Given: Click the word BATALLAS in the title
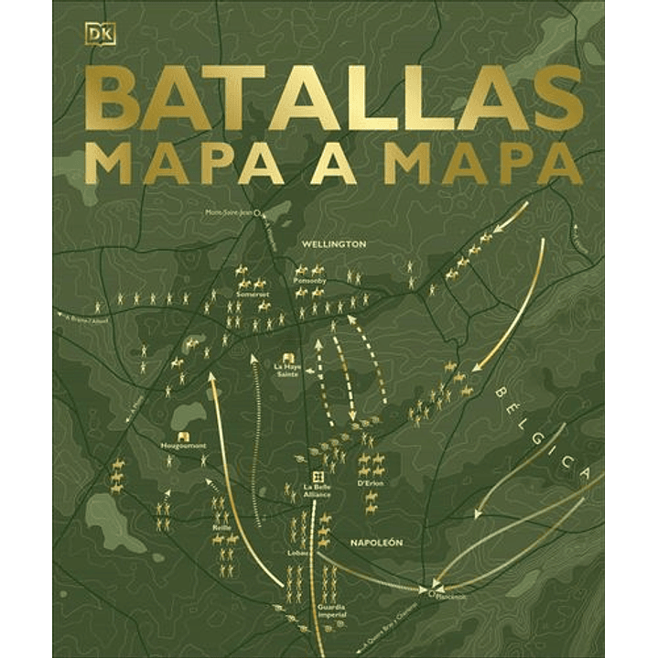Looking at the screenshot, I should (335, 98).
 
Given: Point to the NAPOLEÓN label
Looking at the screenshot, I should (375, 542).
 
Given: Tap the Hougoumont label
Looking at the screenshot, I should (183, 446).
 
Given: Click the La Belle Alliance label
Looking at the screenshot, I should (316, 491).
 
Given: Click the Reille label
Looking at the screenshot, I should (221, 528).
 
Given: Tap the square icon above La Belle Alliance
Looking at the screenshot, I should (317, 475).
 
